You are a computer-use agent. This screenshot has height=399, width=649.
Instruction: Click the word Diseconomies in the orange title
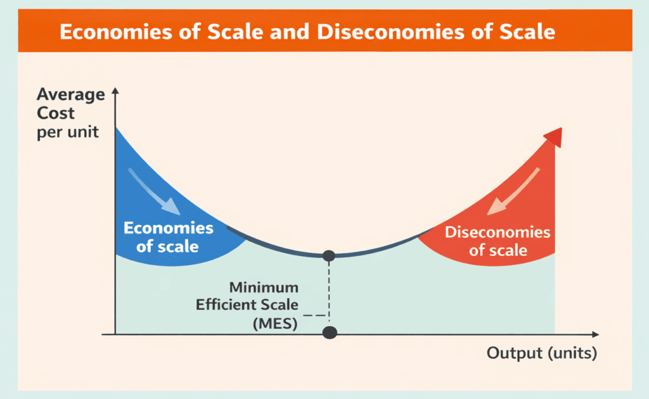(x=390, y=32)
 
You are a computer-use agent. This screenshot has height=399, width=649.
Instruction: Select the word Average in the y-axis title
(x=71, y=95)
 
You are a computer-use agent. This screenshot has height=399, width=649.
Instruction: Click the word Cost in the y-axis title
(x=56, y=113)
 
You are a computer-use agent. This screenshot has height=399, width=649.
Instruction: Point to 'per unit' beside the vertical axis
(x=67, y=132)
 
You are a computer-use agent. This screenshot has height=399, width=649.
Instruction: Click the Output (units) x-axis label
(x=542, y=353)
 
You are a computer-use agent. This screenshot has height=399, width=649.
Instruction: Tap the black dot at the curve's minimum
(x=329, y=256)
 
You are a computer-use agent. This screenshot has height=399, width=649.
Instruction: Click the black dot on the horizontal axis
(x=330, y=332)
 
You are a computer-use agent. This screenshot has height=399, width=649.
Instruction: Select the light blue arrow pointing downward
(x=153, y=191)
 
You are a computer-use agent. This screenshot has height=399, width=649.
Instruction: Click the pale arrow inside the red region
(x=513, y=191)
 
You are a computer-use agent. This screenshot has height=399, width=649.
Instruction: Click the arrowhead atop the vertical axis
(x=115, y=91)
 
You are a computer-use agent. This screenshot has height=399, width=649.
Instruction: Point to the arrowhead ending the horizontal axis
(x=596, y=334)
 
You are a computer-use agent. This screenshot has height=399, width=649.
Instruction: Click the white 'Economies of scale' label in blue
(x=168, y=237)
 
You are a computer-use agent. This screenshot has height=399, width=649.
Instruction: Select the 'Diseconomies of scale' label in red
(x=498, y=241)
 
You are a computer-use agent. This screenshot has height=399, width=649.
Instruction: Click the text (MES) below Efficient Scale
(x=275, y=323)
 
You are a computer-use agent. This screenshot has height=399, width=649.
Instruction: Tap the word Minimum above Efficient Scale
(x=264, y=287)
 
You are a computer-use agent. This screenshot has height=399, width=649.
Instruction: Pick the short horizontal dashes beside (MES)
(x=314, y=315)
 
